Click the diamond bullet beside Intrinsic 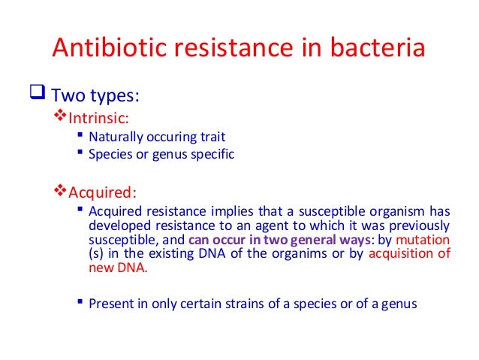[62, 118]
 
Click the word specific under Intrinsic [215, 155]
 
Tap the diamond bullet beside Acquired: [62, 188]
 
